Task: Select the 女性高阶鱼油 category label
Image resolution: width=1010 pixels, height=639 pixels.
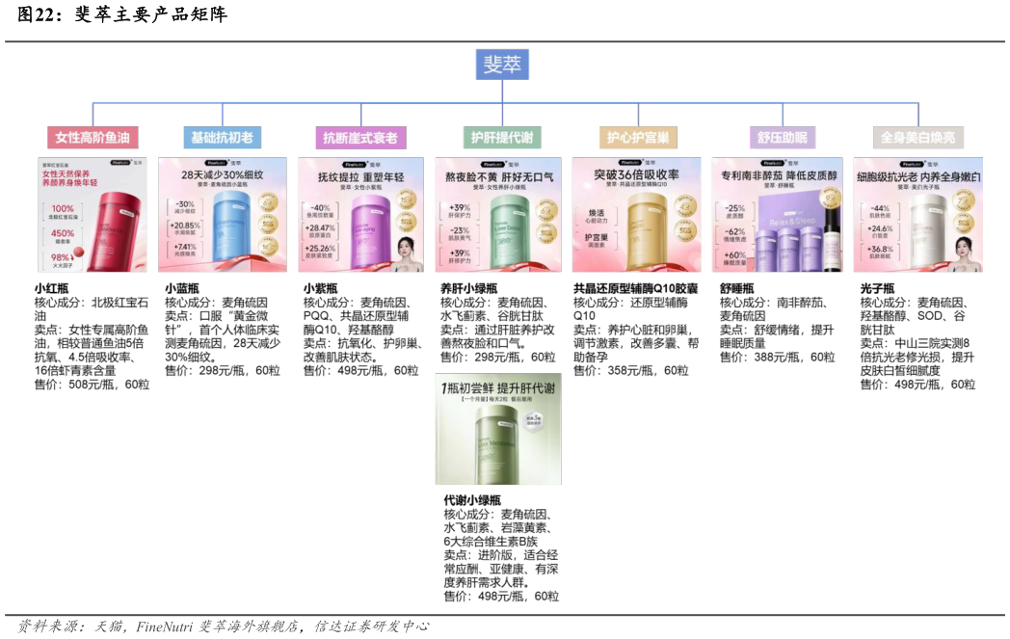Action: (x=92, y=138)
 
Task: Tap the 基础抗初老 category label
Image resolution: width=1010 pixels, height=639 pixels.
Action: (x=222, y=138)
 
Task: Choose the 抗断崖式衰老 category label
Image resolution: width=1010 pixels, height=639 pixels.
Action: (x=359, y=138)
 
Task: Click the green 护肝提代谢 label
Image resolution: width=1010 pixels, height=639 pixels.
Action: (x=501, y=138)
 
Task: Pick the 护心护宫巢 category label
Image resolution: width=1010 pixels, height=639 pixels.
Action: (x=637, y=138)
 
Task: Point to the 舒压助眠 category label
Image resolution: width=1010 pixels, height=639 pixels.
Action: (x=782, y=138)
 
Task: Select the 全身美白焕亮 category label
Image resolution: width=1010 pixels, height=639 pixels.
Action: (x=917, y=138)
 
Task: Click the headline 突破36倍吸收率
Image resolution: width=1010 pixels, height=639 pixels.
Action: (x=636, y=175)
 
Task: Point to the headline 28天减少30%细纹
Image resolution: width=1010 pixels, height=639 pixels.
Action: (x=222, y=175)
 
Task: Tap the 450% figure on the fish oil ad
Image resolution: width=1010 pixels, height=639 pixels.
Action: (x=63, y=233)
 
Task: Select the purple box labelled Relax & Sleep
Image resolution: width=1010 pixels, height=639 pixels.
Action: (x=790, y=227)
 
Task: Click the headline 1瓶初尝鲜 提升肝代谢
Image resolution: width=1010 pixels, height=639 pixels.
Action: (x=497, y=387)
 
